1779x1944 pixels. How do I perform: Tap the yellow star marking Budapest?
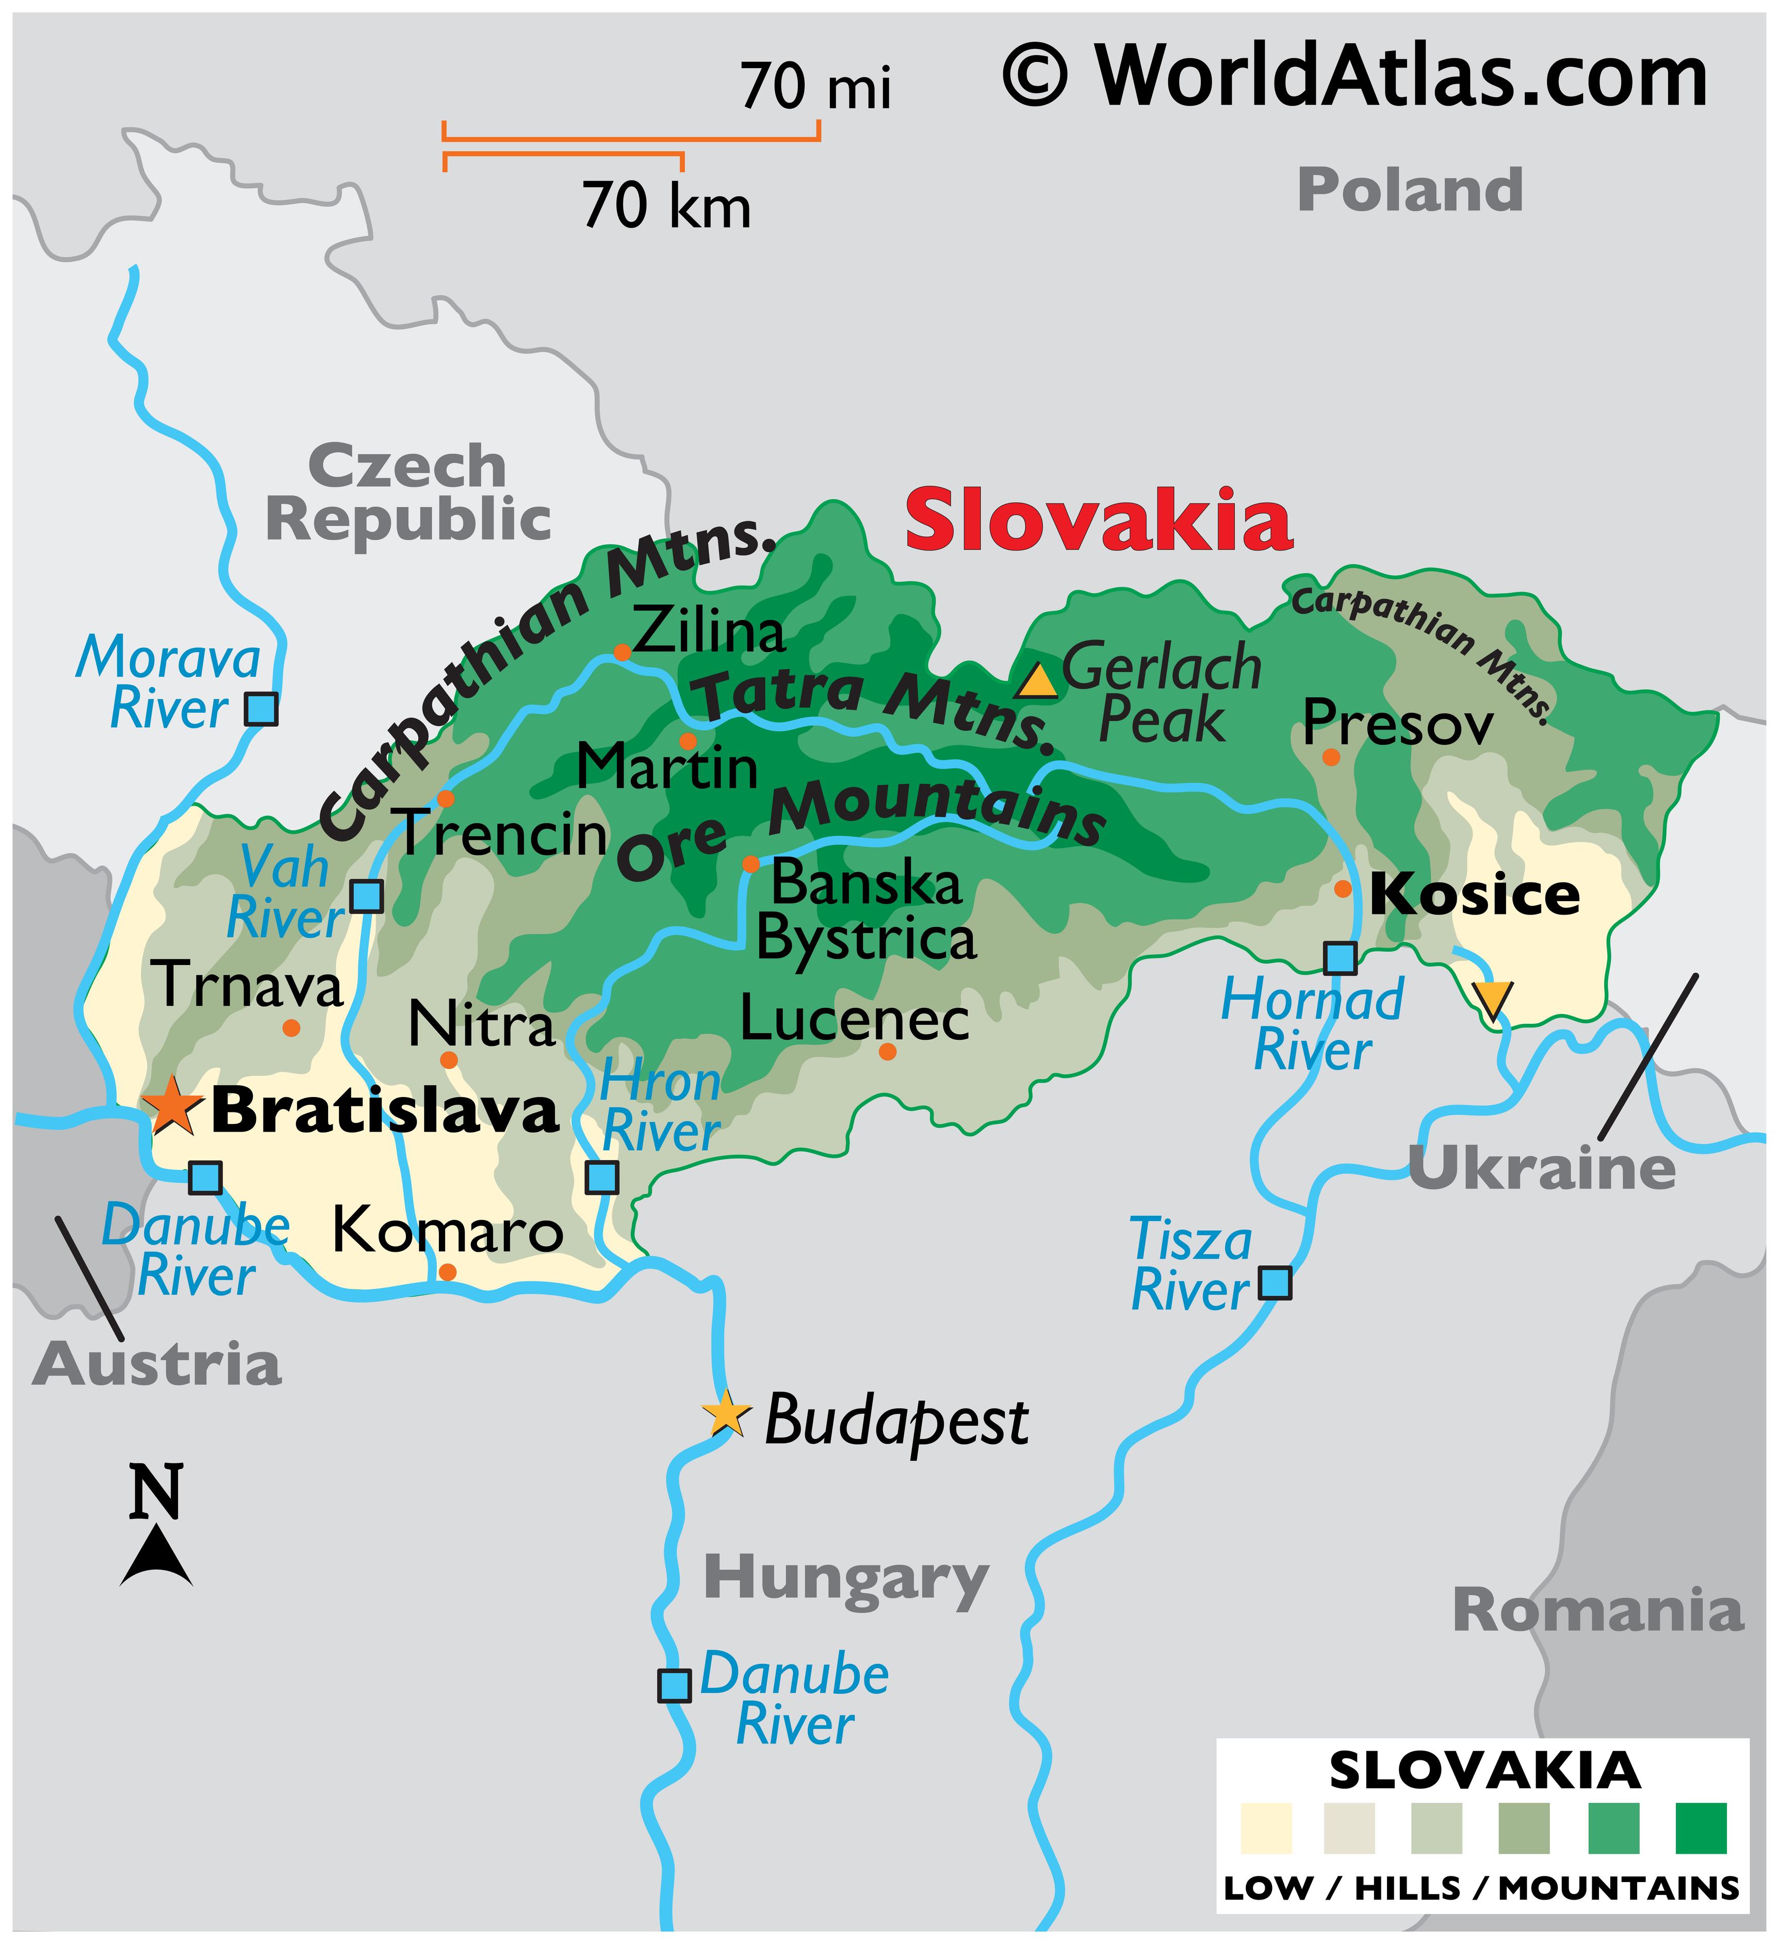[x=726, y=1415]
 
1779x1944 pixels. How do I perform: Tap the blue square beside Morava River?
[x=262, y=709]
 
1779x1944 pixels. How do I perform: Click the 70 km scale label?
[x=666, y=206]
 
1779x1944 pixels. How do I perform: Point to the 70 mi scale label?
[x=815, y=87]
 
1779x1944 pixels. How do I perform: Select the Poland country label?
[x=1410, y=190]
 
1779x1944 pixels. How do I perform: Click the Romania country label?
[x=1598, y=1611]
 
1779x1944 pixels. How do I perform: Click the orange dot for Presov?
[x=1331, y=757]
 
